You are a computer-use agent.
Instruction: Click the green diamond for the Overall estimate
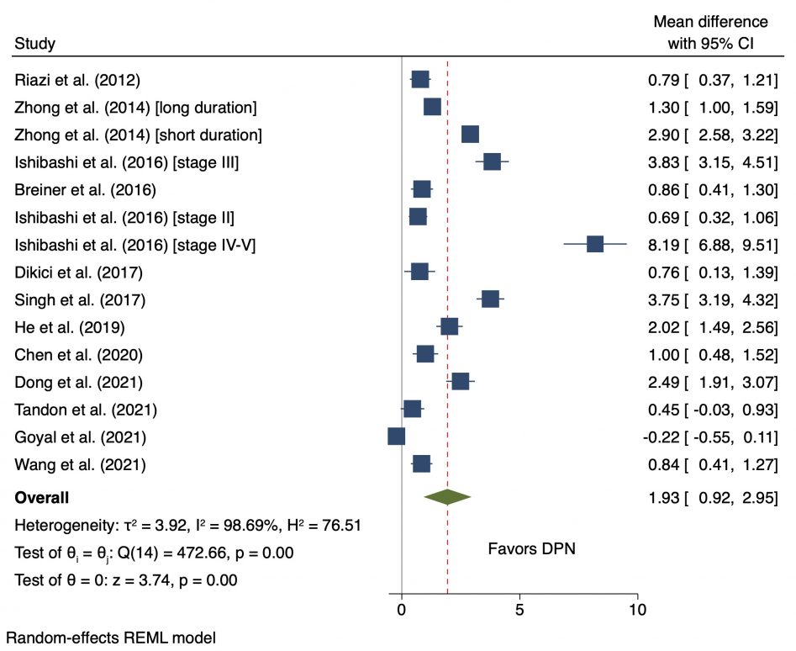[x=447, y=497]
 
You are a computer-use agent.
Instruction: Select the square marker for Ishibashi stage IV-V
[x=595, y=244]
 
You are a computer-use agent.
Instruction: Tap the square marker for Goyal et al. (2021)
[x=397, y=436]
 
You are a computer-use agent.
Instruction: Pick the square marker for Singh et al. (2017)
[x=490, y=299]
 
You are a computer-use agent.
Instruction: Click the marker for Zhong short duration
[x=470, y=135]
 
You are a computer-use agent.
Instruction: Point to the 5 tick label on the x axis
[x=519, y=608]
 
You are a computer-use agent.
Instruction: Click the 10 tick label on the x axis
[x=637, y=608]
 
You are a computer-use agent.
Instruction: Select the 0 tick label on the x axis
[x=402, y=608]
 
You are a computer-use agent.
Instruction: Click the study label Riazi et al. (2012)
[x=77, y=81]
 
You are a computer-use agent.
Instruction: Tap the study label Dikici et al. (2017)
[x=79, y=273]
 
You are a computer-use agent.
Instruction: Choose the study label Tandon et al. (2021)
[x=86, y=410]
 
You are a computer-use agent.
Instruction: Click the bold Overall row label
[x=42, y=498]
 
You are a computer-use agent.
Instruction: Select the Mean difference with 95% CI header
[x=710, y=32]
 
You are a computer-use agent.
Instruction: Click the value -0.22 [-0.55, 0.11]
[x=711, y=437]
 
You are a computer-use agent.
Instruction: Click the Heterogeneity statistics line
[x=188, y=526]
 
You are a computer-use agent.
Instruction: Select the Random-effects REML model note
[x=110, y=638]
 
